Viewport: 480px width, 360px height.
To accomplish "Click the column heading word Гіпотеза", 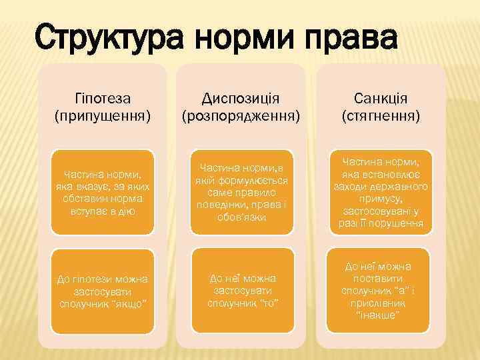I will point(102,99).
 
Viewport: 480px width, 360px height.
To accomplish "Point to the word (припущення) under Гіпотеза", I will point(102,116).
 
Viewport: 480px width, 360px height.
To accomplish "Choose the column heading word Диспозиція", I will point(241,99).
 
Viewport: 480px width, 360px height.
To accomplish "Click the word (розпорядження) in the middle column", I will point(241,116).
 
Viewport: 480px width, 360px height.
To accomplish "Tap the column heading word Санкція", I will point(381,99).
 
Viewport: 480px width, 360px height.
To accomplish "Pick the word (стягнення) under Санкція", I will point(381,116).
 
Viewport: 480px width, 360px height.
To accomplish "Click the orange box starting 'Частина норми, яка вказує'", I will point(102,192).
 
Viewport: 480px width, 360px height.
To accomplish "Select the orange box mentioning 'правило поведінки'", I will point(241,192).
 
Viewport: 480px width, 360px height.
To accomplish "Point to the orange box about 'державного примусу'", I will point(381,192).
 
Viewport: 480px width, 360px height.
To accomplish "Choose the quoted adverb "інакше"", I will point(379,314).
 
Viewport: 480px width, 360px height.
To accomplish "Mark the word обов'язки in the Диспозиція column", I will point(241,217).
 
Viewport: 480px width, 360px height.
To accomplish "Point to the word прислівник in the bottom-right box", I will point(381,302).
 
